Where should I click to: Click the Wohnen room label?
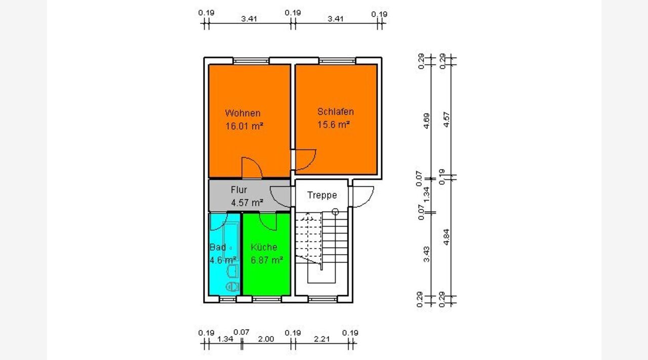(242, 113)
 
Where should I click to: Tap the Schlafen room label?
(336, 111)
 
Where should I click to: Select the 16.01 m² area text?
(244, 126)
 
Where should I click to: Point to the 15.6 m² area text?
(334, 125)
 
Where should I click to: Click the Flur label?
(238, 189)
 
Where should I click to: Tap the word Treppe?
(322, 195)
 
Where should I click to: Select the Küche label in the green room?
(264, 247)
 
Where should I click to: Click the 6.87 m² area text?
(267, 260)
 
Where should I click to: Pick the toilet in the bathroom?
(232, 287)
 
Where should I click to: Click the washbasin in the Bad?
(233, 271)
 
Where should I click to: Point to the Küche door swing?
(268, 222)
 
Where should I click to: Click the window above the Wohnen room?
(251, 61)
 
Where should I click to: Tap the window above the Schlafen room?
(337, 61)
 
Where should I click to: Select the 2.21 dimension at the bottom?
(321, 339)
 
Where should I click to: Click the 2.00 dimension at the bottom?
(266, 339)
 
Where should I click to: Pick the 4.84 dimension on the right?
(447, 237)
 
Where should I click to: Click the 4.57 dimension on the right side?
(447, 119)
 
